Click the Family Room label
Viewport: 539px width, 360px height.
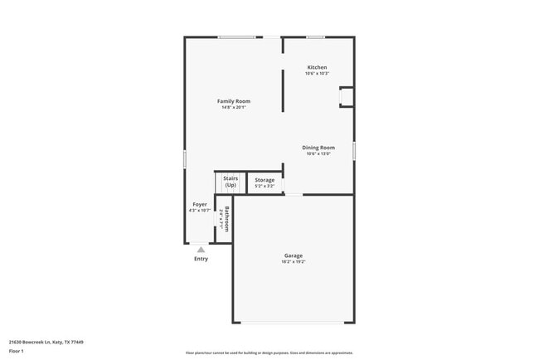coord(234,101)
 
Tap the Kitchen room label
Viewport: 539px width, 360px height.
coord(317,67)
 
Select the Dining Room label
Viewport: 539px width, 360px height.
coord(318,148)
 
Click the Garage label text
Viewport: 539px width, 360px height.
coord(294,255)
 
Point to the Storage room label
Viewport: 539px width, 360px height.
coord(265,180)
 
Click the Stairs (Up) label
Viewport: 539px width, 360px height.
coord(231,182)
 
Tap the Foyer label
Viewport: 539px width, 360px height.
coord(200,204)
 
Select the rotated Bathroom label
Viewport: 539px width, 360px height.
coord(226,219)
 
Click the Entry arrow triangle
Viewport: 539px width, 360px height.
coord(201,249)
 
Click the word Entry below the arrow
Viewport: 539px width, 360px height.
coord(201,259)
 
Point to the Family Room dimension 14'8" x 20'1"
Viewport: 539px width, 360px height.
coord(234,107)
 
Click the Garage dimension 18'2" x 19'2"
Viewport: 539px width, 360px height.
coord(294,262)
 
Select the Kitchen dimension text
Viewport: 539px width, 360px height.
coord(317,74)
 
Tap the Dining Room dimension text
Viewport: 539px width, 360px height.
coord(318,153)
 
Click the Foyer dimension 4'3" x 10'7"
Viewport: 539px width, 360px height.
coord(200,211)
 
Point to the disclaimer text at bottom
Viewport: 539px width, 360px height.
coord(269,353)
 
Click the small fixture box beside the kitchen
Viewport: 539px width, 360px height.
coord(346,97)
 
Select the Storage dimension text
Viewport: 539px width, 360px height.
coord(265,186)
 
